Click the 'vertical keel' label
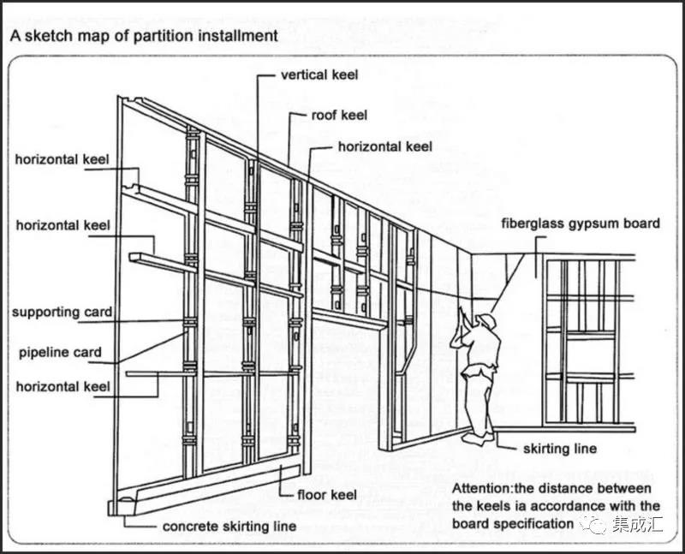pyautogui.click(x=319, y=74)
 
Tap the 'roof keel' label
pyautogui.click(x=340, y=115)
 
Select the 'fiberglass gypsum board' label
pyautogui.click(x=581, y=223)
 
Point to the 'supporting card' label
pyautogui.click(x=62, y=313)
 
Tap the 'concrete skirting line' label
pyautogui.click(x=229, y=526)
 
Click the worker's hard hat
pyautogui.click(x=487, y=320)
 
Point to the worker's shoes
pyautogui.click(x=478, y=437)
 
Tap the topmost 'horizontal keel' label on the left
pyautogui.click(x=63, y=160)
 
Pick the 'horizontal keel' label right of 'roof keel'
pyautogui.click(x=385, y=146)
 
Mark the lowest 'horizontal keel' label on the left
pyautogui.click(x=63, y=387)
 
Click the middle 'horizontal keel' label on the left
pyautogui.click(x=63, y=225)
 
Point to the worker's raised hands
pyautogui.click(x=461, y=314)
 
